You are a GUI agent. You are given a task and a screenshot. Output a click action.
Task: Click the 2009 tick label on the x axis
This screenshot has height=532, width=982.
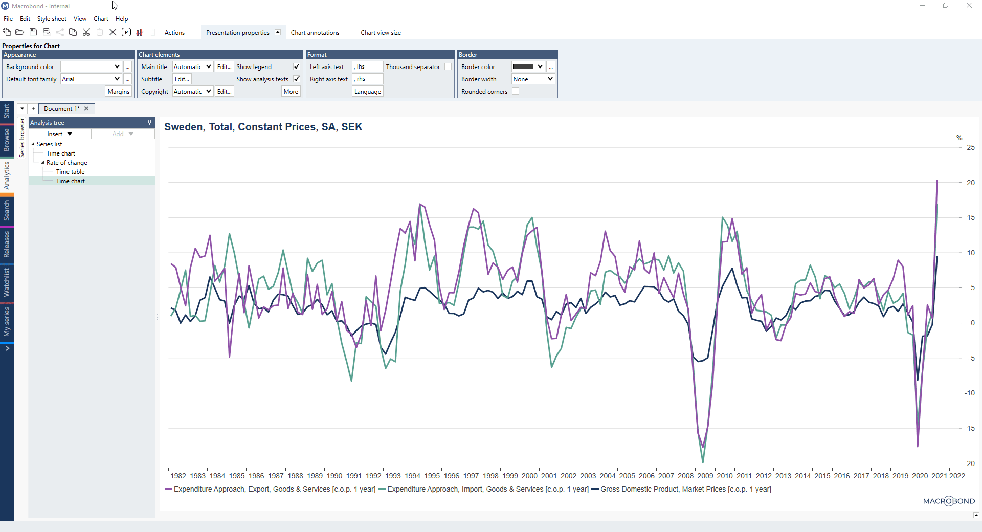pos(705,476)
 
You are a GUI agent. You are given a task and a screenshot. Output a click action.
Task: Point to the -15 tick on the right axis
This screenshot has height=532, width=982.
pos(969,428)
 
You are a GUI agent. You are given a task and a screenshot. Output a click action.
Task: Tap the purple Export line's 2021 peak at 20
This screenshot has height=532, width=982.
pos(937,181)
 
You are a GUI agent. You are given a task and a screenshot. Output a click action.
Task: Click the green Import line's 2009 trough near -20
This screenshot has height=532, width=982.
pos(703,461)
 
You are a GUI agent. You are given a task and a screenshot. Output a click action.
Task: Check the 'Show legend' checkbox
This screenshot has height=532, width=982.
pos(297,67)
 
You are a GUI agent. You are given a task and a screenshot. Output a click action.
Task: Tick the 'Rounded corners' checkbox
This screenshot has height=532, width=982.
pos(516,92)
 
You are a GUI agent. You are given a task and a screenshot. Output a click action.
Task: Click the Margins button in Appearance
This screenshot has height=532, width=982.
pos(119,92)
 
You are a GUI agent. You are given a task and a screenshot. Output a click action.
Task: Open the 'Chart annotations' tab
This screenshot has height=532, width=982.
pos(315,33)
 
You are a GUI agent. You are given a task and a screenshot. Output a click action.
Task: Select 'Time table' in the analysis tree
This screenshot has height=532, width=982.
pos(70,172)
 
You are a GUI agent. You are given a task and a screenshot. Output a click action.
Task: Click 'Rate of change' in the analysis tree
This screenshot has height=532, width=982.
pos(66,163)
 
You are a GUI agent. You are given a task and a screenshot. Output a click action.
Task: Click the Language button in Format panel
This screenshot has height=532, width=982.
pos(367,92)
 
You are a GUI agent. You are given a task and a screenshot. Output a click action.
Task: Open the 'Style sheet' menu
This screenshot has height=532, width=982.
pos(52,19)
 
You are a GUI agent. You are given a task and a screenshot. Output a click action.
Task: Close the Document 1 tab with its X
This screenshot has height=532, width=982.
pos(86,109)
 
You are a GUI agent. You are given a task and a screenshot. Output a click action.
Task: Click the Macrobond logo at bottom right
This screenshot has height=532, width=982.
pos(949,501)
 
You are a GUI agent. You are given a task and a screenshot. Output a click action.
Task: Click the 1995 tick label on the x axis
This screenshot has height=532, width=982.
pos(432,476)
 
